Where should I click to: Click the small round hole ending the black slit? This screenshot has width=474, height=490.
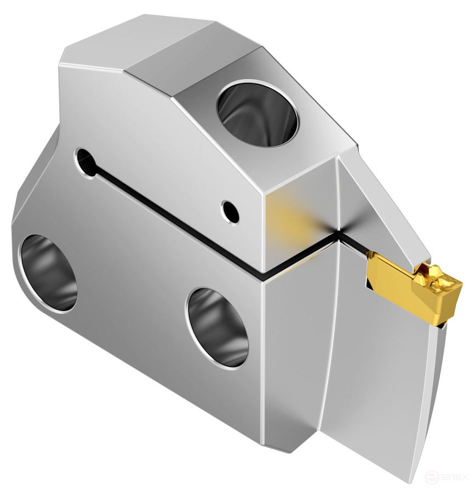pos(85,159)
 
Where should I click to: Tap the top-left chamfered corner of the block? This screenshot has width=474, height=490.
pos(63,55)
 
